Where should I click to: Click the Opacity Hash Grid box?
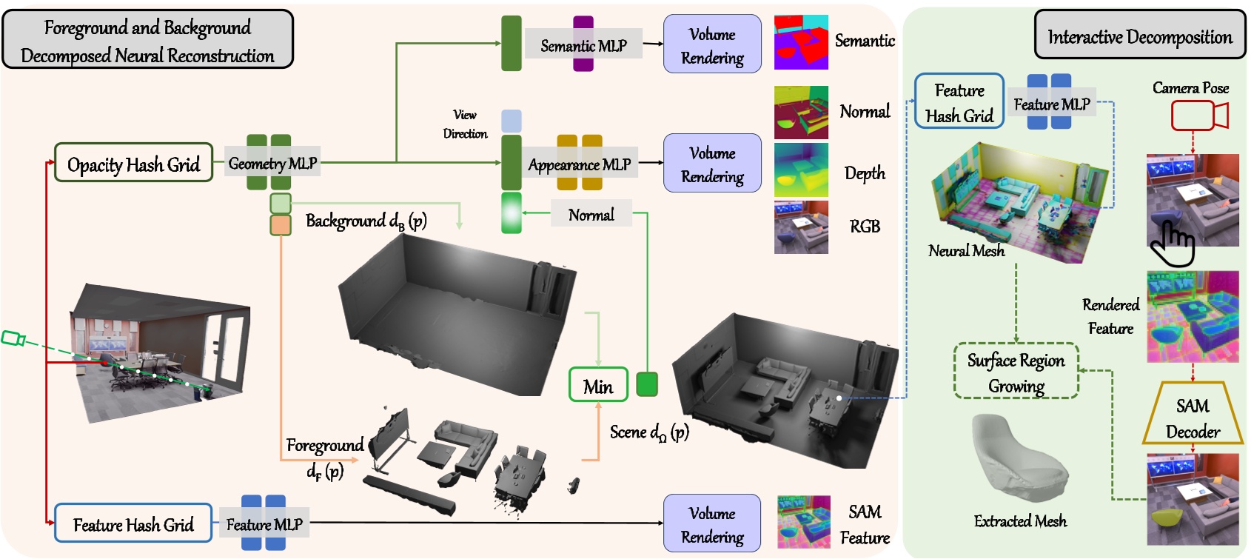tap(134, 164)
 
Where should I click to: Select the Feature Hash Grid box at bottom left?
tap(133, 524)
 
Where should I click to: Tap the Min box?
tap(598, 386)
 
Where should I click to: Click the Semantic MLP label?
tap(583, 45)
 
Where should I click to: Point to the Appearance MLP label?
tap(579, 164)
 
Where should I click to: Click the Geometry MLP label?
tap(272, 163)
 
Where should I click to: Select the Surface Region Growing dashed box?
tap(1016, 372)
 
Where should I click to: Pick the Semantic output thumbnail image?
tap(801, 43)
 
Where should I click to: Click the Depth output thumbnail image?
tap(801, 170)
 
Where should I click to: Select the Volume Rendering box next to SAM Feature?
tap(712, 524)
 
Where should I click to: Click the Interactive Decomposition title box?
tap(1139, 36)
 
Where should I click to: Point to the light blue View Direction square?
tap(512, 121)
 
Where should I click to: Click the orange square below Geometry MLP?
tap(281, 225)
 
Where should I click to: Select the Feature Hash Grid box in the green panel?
tap(959, 102)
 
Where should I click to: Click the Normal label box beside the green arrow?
tap(591, 215)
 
